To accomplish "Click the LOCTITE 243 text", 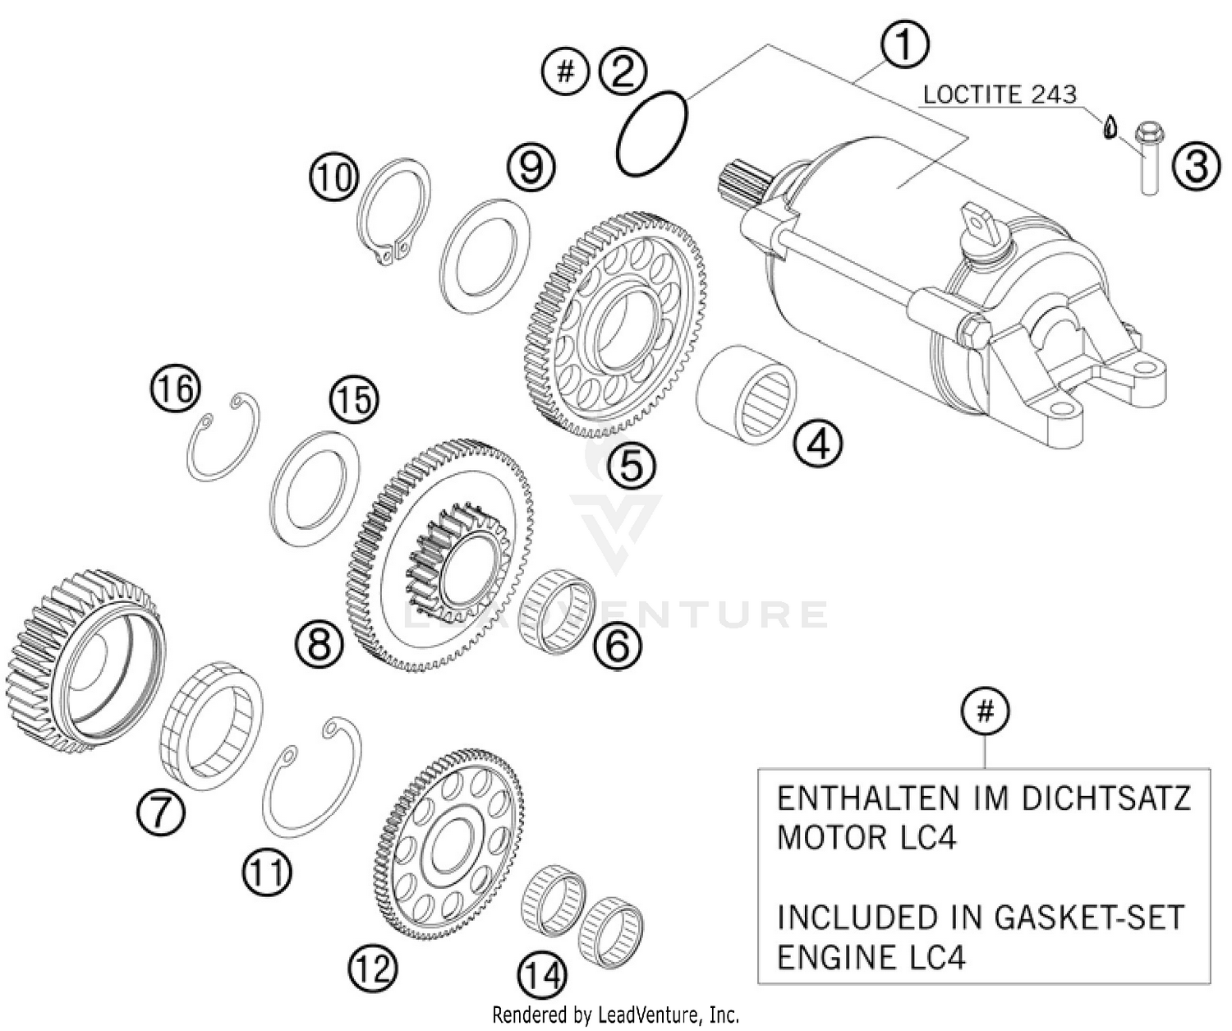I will point(999,94).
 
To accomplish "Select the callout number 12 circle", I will point(372,969).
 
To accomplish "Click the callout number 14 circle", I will point(543,976).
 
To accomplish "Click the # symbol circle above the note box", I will point(985,711).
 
